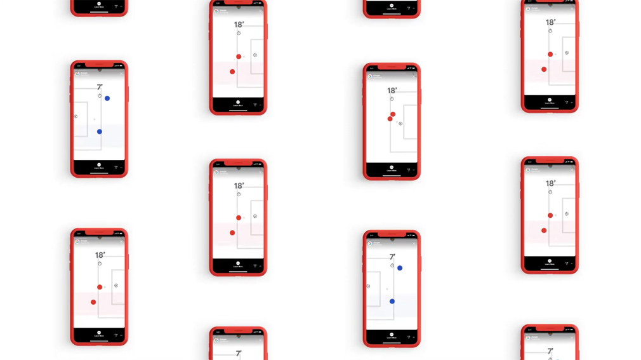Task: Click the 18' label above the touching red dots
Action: (392, 91)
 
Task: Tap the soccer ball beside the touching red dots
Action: (400, 124)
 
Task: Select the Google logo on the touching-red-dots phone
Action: (371, 76)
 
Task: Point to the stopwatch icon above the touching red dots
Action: (392, 99)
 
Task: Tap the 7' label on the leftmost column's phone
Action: (100, 88)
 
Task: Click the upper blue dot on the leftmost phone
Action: (107, 98)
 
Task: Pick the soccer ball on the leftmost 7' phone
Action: (76, 116)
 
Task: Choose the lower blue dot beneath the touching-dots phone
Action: (392, 302)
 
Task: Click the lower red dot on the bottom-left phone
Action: (93, 302)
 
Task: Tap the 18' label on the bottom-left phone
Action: (100, 255)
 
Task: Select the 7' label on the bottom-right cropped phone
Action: (550, 351)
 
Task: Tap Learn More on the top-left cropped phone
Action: (99, 7)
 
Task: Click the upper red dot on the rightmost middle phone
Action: (550, 215)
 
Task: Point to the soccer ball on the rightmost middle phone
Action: (567, 214)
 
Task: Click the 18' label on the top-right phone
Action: (550, 23)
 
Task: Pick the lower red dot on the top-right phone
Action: (544, 69)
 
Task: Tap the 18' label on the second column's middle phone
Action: (239, 186)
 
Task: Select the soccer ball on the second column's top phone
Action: (255, 55)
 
